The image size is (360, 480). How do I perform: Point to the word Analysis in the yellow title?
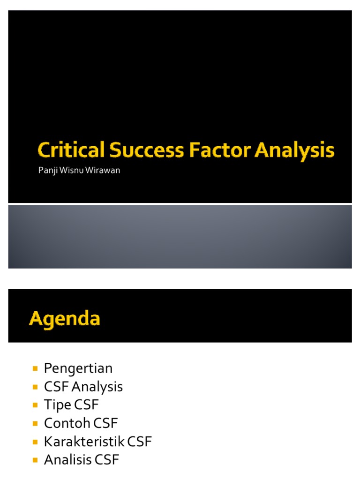click(295, 151)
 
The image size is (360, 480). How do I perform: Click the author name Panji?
click(47, 170)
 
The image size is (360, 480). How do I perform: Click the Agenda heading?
click(65, 319)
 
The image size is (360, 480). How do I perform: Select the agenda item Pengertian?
click(78, 368)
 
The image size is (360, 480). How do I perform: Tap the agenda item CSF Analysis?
click(83, 387)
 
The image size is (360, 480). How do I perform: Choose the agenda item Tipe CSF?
click(72, 405)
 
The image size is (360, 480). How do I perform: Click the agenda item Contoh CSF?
click(81, 423)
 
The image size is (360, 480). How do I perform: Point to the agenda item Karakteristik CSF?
click(98, 442)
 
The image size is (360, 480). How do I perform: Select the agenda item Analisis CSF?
click(82, 460)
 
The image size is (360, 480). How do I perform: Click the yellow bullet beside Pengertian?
click(35, 368)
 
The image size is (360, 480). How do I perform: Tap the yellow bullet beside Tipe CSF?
click(35, 405)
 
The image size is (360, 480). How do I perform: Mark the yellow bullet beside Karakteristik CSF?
click(35, 442)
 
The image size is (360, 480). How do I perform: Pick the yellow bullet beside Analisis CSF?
click(35, 460)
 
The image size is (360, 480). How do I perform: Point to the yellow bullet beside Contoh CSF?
click(35, 423)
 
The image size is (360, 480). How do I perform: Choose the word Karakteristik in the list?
click(81, 442)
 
